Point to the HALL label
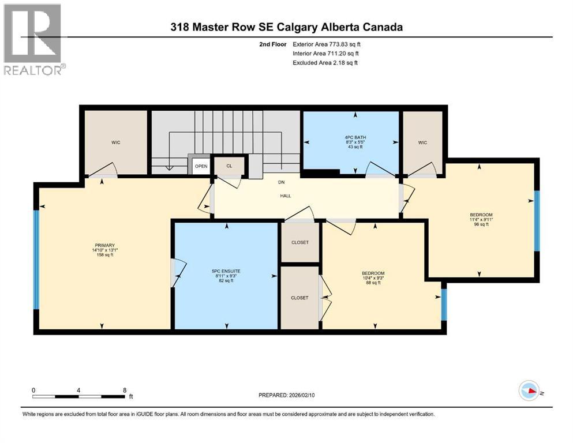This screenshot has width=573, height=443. pos(285,196)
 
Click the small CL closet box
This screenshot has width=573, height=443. pos(229,166)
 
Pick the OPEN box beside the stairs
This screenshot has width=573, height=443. pos(201,166)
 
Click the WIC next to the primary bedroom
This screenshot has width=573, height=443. pos(117,142)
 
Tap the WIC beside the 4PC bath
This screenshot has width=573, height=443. pos(423,142)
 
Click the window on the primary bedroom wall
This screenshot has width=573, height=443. pos(36,260)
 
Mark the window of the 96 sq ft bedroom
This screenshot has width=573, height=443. pos(536,221)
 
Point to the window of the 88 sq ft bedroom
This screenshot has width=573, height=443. pos(444,304)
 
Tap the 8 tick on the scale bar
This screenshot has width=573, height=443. pos(124,390)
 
